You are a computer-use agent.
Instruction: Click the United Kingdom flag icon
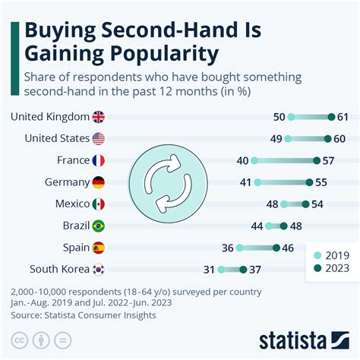98,117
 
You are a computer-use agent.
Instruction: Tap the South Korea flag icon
98,269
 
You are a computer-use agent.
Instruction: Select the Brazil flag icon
98,226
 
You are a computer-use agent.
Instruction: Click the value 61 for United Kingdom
344,117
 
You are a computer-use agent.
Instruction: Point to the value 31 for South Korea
208,269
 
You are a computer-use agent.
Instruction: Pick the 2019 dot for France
254,160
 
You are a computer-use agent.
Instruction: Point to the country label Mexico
71,204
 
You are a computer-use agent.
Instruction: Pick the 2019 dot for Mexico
284,204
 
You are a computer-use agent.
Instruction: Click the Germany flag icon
98,182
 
